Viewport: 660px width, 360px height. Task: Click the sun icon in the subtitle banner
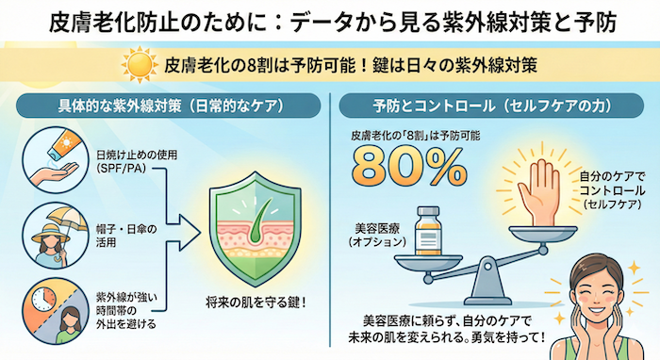(140, 66)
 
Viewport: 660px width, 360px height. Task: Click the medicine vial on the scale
(429, 225)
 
